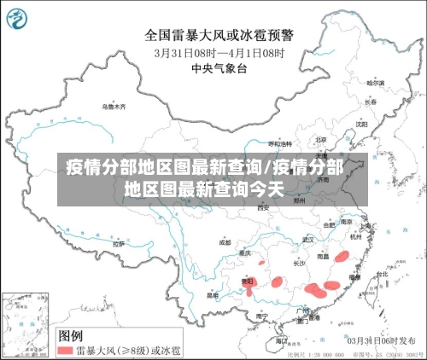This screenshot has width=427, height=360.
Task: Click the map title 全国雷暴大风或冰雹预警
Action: click(x=220, y=35)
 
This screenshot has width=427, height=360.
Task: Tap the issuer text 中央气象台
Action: click(x=220, y=68)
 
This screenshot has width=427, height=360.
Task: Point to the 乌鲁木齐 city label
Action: click(x=114, y=107)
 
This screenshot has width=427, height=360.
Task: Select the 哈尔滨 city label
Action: click(x=376, y=83)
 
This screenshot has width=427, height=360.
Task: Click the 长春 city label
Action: click(x=370, y=102)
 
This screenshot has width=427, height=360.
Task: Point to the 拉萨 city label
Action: click(x=119, y=243)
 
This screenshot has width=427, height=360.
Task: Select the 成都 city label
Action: click(x=225, y=242)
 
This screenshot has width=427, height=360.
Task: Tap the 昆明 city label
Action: click(x=212, y=295)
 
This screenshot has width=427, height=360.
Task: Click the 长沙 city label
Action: click(x=299, y=264)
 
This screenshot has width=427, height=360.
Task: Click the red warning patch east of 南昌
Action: click(x=341, y=255)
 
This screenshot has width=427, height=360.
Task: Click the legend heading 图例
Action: click(x=70, y=334)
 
